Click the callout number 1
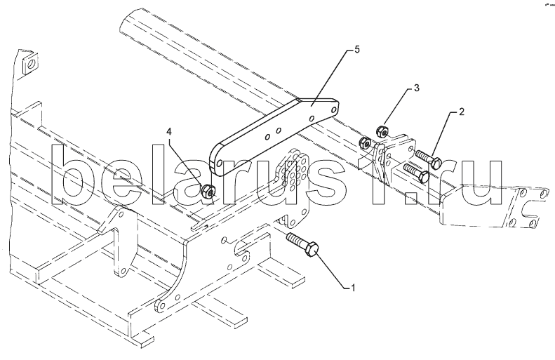(x=354, y=287)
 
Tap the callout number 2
(x=462, y=112)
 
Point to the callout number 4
(x=168, y=131)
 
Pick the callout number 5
(x=356, y=50)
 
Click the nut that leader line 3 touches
(x=383, y=131)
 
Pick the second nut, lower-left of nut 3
(x=364, y=143)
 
